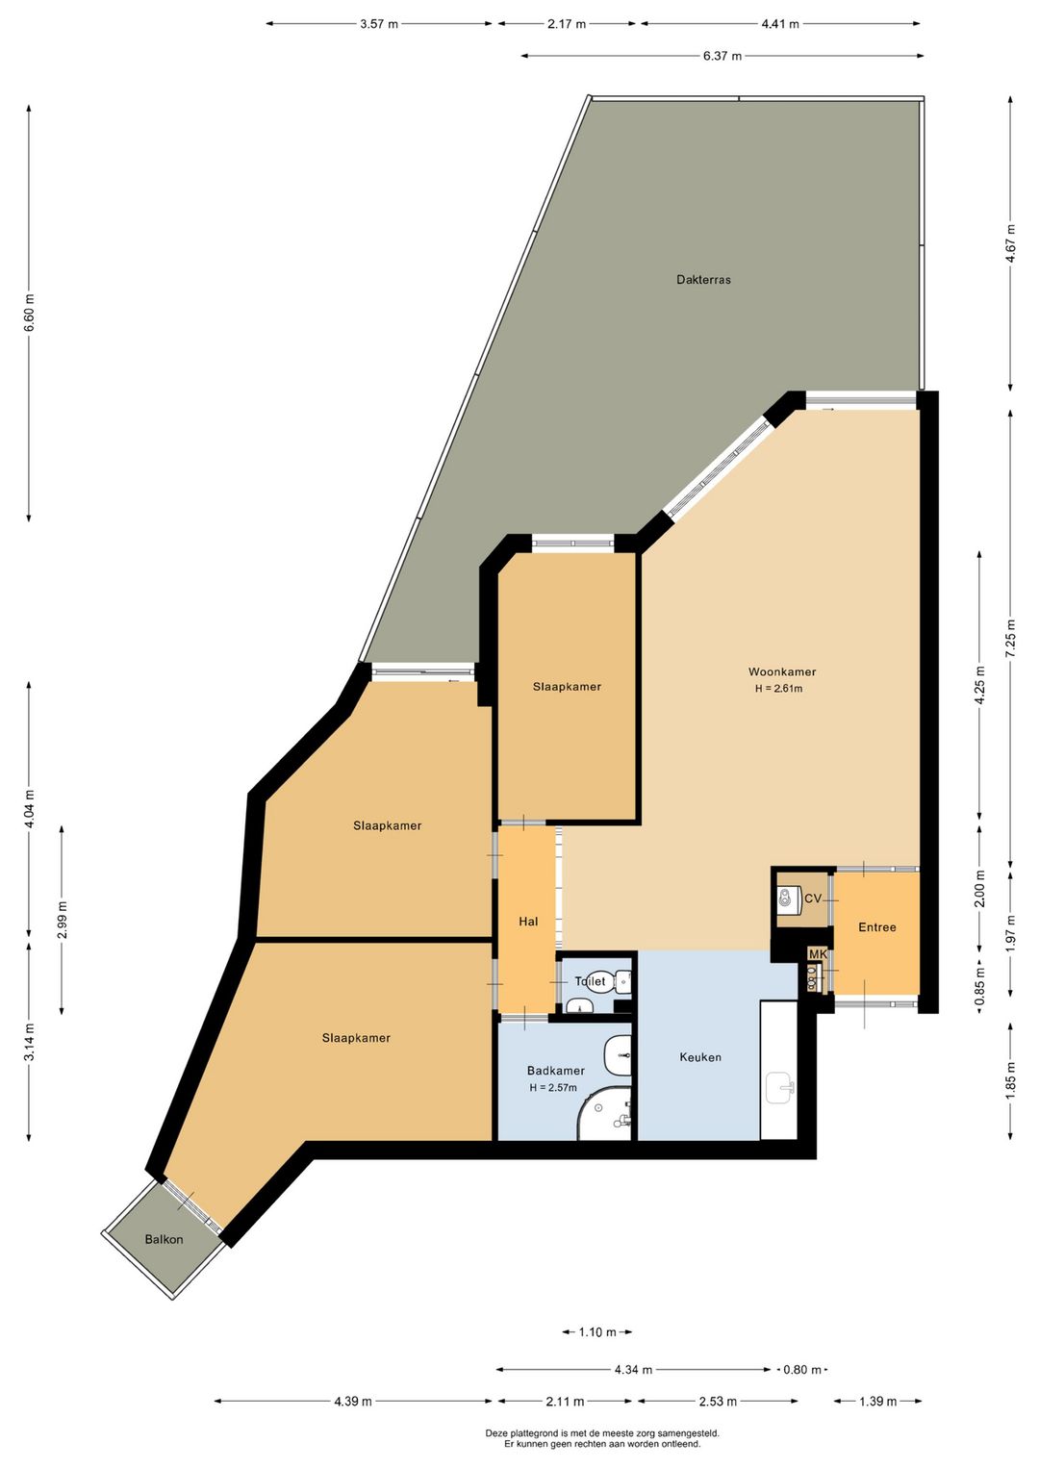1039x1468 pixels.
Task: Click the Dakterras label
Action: tap(703, 279)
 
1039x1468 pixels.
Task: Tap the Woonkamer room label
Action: tap(782, 671)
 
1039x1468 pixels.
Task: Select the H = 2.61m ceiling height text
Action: tap(778, 688)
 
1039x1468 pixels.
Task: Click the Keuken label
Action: tap(700, 1057)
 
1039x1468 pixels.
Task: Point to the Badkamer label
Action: tap(556, 1070)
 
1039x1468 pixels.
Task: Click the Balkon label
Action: tap(164, 1239)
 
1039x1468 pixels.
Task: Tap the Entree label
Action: tap(877, 927)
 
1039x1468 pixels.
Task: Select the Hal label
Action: tap(528, 922)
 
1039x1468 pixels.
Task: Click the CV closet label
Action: tap(813, 899)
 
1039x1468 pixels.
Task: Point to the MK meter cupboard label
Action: tap(818, 954)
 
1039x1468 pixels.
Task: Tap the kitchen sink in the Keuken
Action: tap(779, 1088)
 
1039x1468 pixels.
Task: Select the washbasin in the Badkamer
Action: tap(618, 1055)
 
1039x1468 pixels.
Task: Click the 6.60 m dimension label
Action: tap(29, 314)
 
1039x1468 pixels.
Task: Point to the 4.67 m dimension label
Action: tap(1010, 243)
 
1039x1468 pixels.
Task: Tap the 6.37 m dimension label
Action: tap(722, 56)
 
